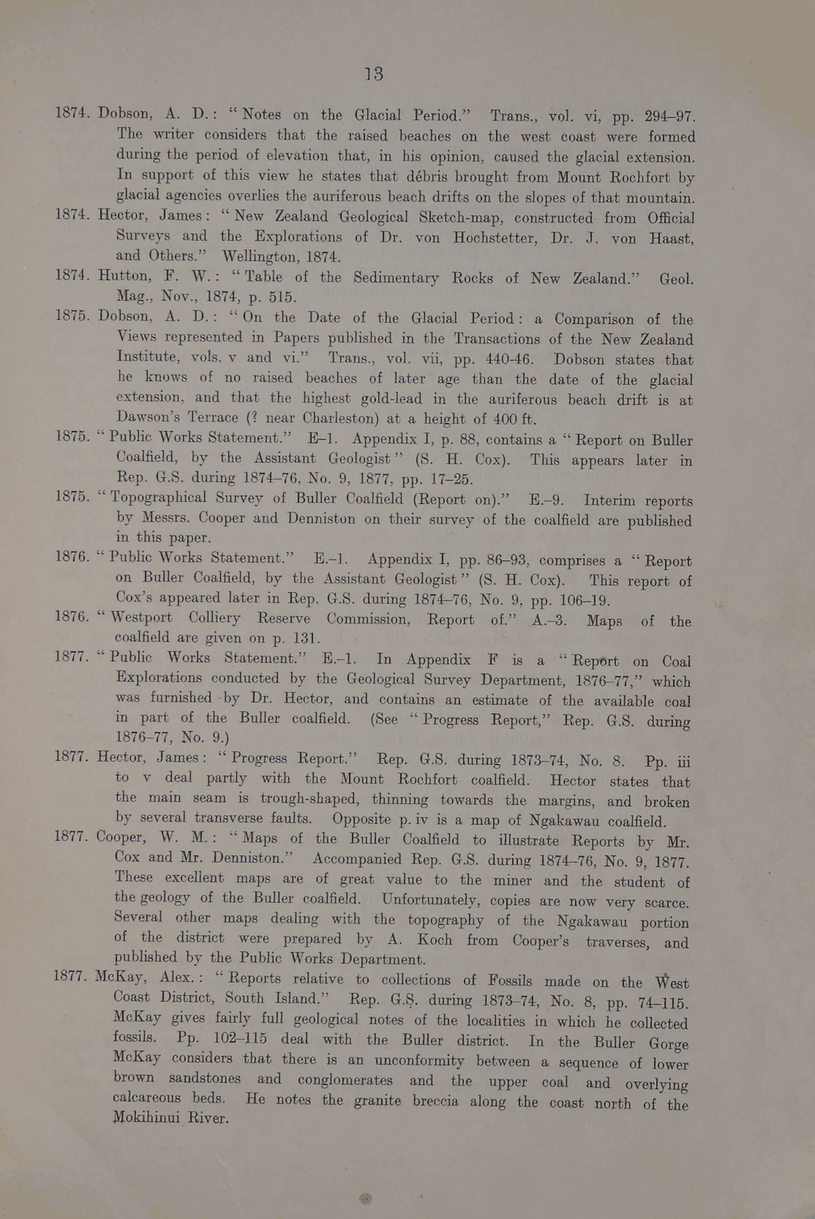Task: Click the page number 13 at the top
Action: (373, 74)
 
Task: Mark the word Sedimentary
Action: (397, 278)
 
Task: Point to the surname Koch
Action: (435, 939)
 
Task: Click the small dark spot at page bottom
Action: (366, 1199)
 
